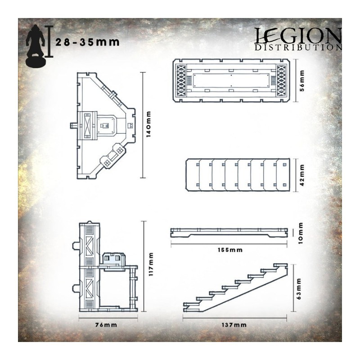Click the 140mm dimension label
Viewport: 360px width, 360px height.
[x=148, y=124]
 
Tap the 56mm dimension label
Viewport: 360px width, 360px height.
[x=302, y=81]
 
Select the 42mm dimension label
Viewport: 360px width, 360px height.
[x=302, y=175]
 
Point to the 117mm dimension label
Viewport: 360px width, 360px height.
[x=151, y=264]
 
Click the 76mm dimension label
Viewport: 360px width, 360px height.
[x=106, y=325]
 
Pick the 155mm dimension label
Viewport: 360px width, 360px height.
[x=230, y=250]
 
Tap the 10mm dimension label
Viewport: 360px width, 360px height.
[x=301, y=233]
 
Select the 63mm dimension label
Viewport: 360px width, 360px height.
[x=299, y=289]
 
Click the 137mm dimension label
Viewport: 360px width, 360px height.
[x=234, y=325]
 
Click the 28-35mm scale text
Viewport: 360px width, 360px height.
[x=87, y=42]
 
